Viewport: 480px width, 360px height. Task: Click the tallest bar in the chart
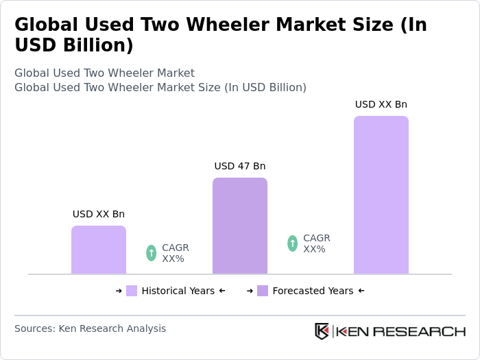pos(381,195)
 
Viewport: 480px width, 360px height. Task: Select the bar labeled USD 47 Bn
pos(239,226)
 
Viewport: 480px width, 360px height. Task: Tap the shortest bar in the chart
pos(98,250)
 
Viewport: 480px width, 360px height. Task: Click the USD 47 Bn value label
pos(239,166)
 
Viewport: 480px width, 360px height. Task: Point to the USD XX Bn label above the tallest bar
pos(381,104)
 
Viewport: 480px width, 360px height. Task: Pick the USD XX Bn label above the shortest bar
pos(98,214)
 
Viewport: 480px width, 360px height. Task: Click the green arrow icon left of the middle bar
pos(152,253)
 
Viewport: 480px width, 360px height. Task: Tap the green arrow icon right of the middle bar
pos(293,243)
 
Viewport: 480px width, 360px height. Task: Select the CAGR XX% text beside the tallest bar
pos(316,243)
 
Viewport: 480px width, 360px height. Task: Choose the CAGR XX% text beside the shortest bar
pos(175,253)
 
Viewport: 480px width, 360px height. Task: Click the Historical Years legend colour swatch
pos(132,291)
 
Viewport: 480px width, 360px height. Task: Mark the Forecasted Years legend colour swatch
pos(263,291)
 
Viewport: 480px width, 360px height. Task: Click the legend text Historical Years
pos(178,291)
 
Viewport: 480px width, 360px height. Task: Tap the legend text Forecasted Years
pos(313,291)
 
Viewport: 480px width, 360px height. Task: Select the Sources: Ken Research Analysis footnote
pos(90,328)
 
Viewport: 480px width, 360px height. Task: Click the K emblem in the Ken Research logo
pos(322,331)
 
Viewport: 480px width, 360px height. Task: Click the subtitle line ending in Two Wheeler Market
pos(104,73)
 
